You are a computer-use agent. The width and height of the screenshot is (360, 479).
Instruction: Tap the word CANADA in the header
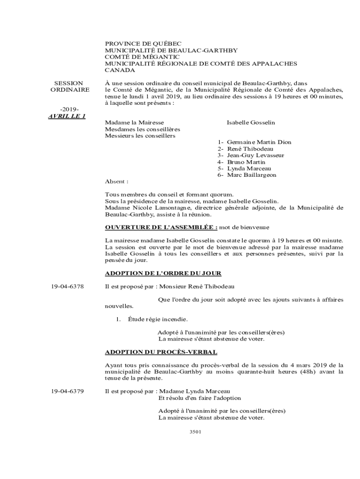coord(120,70)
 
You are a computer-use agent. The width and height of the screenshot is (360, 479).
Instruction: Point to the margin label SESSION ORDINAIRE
coord(69,86)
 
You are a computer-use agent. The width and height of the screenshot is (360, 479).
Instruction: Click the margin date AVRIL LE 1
coord(67,116)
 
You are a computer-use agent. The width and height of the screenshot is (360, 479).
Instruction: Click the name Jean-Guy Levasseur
coord(255,155)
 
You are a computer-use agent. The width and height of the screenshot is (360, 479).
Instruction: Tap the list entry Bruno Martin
coord(246,162)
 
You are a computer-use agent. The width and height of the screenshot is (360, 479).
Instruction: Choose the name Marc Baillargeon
coord(252,175)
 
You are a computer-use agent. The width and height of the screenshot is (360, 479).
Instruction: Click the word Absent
coord(116,181)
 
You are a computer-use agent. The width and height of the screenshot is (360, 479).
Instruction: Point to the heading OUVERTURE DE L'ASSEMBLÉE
coord(161,227)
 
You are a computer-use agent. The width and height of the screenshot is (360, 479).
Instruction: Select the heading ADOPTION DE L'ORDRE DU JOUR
coord(163,273)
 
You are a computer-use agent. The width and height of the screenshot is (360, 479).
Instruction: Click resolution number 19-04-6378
coord(68,286)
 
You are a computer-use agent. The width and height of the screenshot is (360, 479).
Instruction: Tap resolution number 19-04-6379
coord(68,391)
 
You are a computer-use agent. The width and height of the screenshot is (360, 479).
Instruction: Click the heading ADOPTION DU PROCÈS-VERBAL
coord(161,352)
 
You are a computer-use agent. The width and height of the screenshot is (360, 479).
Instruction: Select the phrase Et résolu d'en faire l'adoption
coord(200,398)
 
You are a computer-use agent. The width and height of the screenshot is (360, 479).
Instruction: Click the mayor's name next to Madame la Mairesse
coord(251,123)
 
